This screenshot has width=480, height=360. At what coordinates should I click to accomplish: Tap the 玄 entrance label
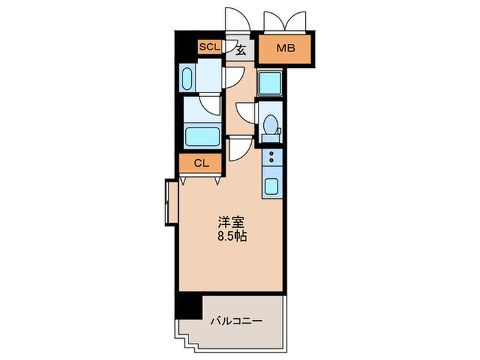tap(241, 49)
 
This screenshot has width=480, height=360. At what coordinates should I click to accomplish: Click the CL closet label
tap(200, 163)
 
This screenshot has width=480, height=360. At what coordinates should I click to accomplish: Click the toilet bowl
tap(271, 125)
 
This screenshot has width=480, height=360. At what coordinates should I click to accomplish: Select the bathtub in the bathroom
tap(202, 136)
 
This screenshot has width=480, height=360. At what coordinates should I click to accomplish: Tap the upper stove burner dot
tap(272, 154)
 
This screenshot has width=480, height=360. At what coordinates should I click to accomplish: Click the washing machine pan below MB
tap(270, 84)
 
